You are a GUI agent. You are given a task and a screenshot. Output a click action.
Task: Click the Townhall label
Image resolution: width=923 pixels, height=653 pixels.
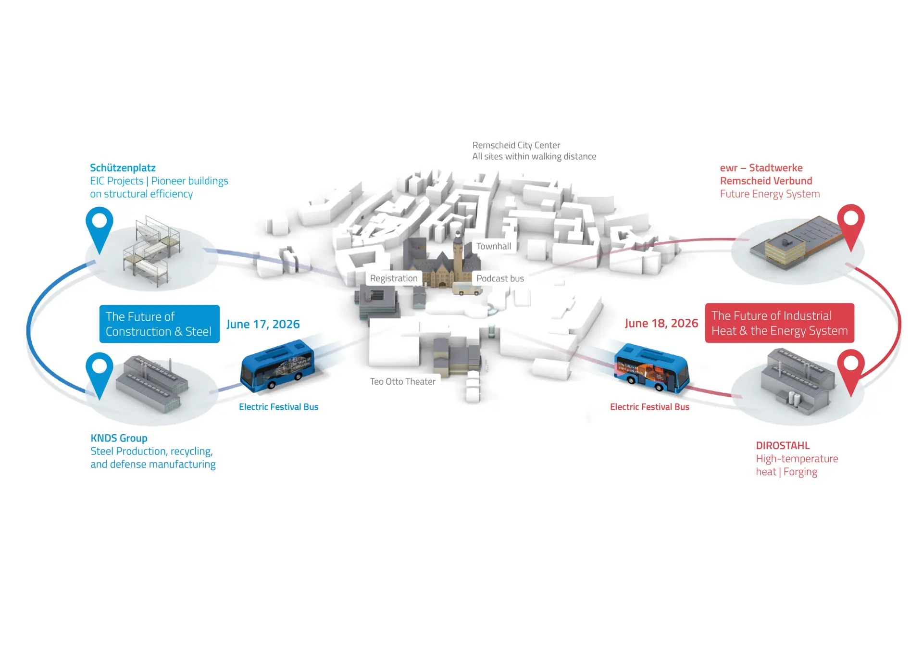pyautogui.click(x=493, y=246)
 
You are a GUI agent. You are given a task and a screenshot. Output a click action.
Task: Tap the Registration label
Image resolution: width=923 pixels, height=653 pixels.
pyautogui.click(x=394, y=278)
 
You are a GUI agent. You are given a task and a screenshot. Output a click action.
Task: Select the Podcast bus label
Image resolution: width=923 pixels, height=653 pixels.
pyautogui.click(x=500, y=278)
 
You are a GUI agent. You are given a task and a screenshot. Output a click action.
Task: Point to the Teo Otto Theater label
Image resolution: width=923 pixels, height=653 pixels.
pyautogui.click(x=402, y=381)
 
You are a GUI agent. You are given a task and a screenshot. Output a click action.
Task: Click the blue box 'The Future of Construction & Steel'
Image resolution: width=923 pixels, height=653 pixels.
pyautogui.click(x=159, y=324)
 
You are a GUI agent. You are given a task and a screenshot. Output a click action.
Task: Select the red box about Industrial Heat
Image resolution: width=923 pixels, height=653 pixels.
pyautogui.click(x=779, y=323)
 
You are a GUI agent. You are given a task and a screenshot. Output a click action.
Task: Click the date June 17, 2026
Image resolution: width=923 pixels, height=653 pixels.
pyautogui.click(x=263, y=324)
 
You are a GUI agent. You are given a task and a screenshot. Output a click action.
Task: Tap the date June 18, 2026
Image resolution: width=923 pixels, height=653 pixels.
pyautogui.click(x=661, y=323)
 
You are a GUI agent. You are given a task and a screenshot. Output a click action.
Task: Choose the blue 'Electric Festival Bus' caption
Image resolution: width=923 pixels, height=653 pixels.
pyautogui.click(x=278, y=407)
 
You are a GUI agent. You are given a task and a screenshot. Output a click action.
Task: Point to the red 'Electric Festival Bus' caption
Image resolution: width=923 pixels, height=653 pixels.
pyautogui.click(x=649, y=407)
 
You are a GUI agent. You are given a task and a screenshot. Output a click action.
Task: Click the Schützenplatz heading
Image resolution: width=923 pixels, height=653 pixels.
pyautogui.click(x=123, y=168)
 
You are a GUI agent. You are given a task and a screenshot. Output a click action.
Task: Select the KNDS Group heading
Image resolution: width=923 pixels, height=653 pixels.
pyautogui.click(x=119, y=438)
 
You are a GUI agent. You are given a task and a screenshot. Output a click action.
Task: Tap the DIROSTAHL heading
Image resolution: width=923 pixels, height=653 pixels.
pyautogui.click(x=783, y=446)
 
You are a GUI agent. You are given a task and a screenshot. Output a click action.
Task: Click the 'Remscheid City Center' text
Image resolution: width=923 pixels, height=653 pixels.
pyautogui.click(x=516, y=145)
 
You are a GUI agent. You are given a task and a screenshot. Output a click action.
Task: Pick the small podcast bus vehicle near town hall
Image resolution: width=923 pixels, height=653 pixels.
pyautogui.click(x=466, y=289)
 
